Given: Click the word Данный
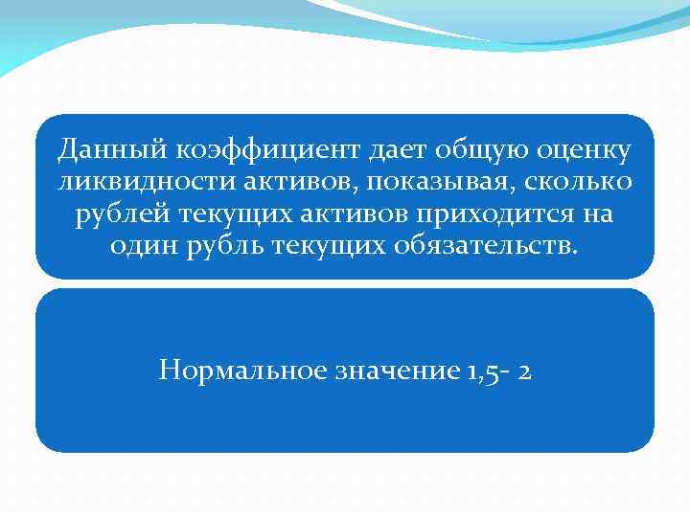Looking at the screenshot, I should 100,149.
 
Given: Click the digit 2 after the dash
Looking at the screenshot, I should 523,370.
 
